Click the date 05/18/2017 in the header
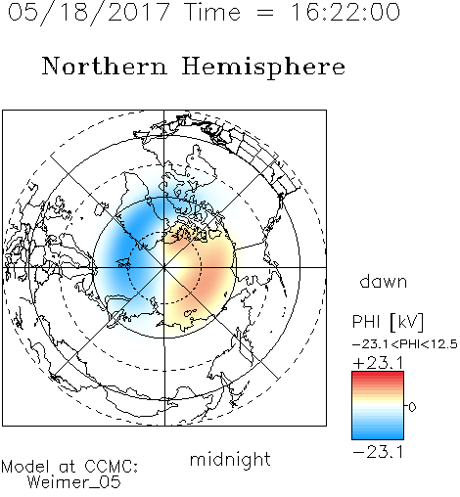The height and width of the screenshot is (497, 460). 89,12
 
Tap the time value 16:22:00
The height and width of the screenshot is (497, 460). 345,12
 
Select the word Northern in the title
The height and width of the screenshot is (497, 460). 105,67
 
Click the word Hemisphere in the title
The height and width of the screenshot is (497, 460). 263,68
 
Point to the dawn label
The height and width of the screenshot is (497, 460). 384,281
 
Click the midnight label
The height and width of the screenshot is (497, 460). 230,460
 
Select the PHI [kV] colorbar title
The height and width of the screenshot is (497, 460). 388,322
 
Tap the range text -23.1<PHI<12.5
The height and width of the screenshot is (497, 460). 405,344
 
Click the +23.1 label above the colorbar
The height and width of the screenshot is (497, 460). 378,363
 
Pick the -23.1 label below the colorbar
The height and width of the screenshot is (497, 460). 378,452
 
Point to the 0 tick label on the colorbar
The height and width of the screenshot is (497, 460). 412,407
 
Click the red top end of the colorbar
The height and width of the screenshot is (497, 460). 378,374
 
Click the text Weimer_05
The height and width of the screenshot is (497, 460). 74,482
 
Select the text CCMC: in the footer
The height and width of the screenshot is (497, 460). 111,467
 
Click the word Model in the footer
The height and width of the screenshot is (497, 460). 25,467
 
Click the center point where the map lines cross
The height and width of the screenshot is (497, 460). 164,267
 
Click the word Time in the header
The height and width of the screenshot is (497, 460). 212,12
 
